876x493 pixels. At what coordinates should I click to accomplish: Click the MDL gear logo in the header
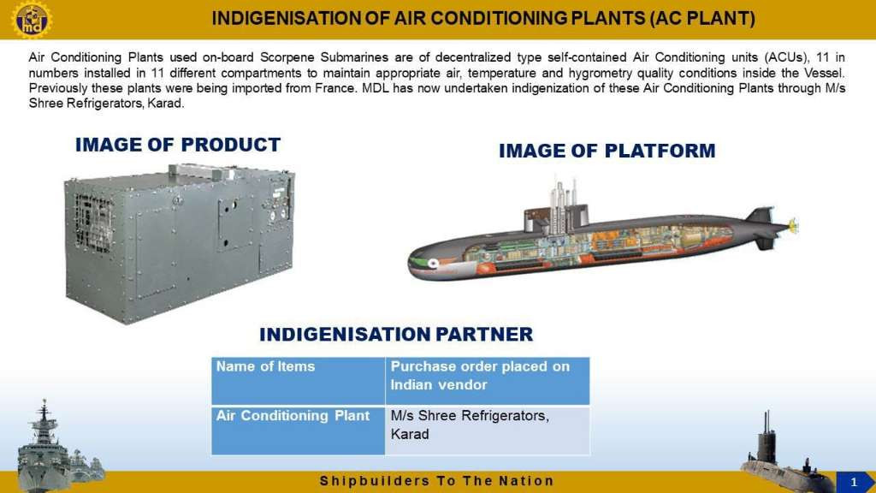pyautogui.click(x=32, y=19)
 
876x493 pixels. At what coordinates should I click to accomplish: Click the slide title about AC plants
pyautogui.click(x=483, y=19)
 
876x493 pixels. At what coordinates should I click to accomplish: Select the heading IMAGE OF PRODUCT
pyautogui.click(x=178, y=145)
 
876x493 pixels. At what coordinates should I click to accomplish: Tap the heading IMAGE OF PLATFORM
pyautogui.click(x=607, y=151)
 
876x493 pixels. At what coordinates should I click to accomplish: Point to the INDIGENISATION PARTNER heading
pyautogui.click(x=396, y=335)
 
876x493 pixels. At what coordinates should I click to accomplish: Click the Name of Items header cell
pyautogui.click(x=299, y=381)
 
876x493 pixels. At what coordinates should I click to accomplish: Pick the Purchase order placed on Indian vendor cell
pyautogui.click(x=487, y=381)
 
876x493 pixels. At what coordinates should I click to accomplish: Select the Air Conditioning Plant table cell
pyautogui.click(x=299, y=431)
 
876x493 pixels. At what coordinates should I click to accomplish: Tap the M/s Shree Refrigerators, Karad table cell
pyautogui.click(x=487, y=431)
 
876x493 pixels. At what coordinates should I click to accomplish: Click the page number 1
pyautogui.click(x=853, y=482)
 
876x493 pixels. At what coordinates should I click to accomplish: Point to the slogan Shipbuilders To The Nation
pyautogui.click(x=436, y=481)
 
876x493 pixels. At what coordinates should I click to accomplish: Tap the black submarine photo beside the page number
pyautogui.click(x=785, y=459)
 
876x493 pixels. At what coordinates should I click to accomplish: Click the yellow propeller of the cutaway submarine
pyautogui.click(x=793, y=226)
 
